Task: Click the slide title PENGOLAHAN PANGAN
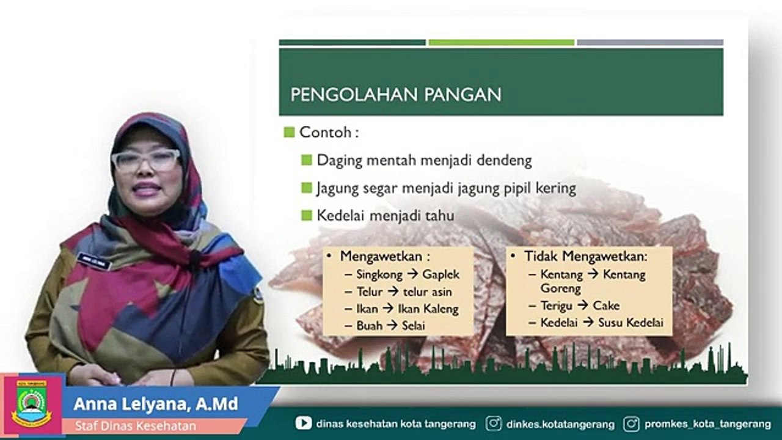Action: tap(395, 95)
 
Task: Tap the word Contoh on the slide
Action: tap(325, 132)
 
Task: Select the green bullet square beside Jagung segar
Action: tap(307, 188)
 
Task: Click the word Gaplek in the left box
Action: tap(440, 274)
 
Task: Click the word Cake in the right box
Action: tap(606, 306)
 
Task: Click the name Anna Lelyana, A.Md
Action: tap(155, 405)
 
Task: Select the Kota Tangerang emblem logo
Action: tap(32, 405)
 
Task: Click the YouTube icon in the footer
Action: tap(303, 423)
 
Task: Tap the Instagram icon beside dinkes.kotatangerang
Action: tap(494, 423)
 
